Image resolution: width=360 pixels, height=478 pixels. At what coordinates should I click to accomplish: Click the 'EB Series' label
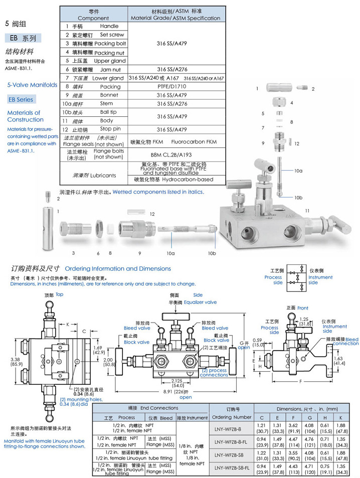(21, 99)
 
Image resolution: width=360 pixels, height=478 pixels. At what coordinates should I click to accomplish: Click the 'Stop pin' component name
(109, 129)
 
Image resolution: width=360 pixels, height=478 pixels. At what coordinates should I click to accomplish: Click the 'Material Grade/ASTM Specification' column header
(175, 15)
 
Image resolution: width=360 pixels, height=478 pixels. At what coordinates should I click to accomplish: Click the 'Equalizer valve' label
(200, 302)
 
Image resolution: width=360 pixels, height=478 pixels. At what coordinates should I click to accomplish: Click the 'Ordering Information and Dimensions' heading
(118, 269)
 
